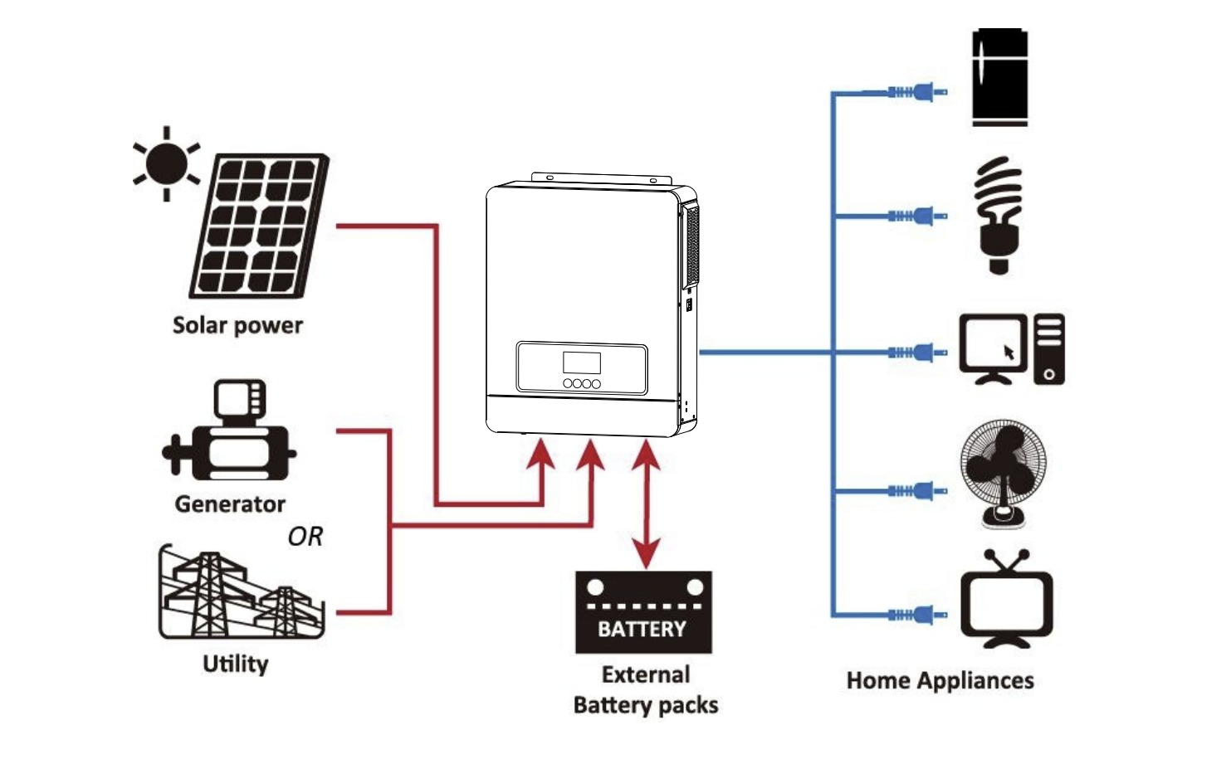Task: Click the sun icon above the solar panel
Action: coord(167,163)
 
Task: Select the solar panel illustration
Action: coord(259,226)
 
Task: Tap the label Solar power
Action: coord(237,325)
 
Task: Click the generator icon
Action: coord(230,432)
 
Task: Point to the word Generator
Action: coord(230,504)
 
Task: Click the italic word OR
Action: coord(305,537)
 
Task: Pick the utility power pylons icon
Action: coord(241,594)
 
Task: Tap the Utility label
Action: coord(236,664)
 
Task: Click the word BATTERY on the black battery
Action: coord(642,630)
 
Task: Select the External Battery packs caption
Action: coord(646,690)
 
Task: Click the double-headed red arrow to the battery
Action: coord(646,504)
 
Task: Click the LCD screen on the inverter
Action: coord(581,362)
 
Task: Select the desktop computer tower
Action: coord(1049,349)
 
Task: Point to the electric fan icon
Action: coord(1004,474)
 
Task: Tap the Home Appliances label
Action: coord(940,681)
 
